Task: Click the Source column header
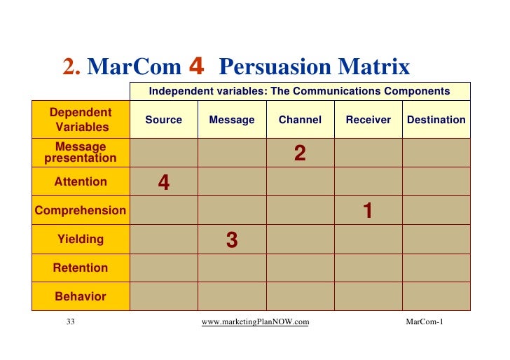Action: [x=163, y=120]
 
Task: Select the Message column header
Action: [x=232, y=120]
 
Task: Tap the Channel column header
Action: [x=300, y=120]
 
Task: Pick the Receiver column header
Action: [x=368, y=120]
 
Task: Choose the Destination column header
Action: [x=436, y=120]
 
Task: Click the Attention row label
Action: [x=81, y=182]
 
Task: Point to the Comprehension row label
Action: [x=81, y=210]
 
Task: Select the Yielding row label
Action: [x=81, y=239]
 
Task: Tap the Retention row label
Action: [x=81, y=268]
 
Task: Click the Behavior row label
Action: [x=81, y=296]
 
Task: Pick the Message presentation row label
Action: [x=81, y=153]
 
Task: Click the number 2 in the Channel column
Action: [x=300, y=153]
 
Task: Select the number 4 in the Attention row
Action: [x=164, y=183]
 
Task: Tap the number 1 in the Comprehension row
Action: [x=367, y=211]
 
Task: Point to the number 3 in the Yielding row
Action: [x=232, y=240]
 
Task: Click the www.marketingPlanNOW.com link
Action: [x=255, y=321]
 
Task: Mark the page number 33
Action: [x=70, y=321]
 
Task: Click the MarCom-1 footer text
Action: [x=424, y=321]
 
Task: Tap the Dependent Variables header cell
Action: [x=81, y=120]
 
